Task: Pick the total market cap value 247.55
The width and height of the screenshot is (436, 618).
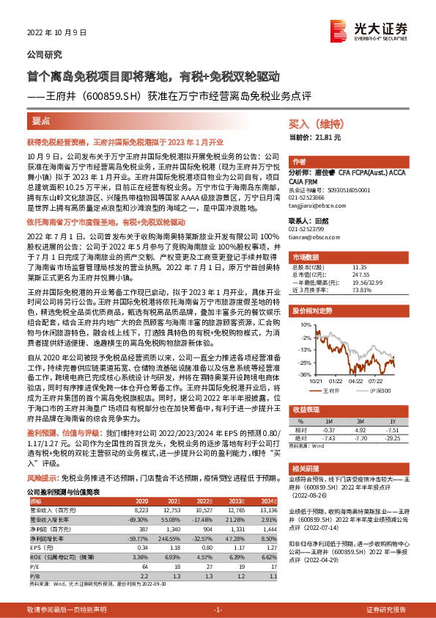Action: point(361,273)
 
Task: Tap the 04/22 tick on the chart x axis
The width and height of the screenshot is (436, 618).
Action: point(357,380)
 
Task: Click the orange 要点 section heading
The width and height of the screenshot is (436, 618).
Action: point(41,120)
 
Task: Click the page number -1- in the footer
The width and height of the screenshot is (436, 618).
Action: point(217,610)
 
